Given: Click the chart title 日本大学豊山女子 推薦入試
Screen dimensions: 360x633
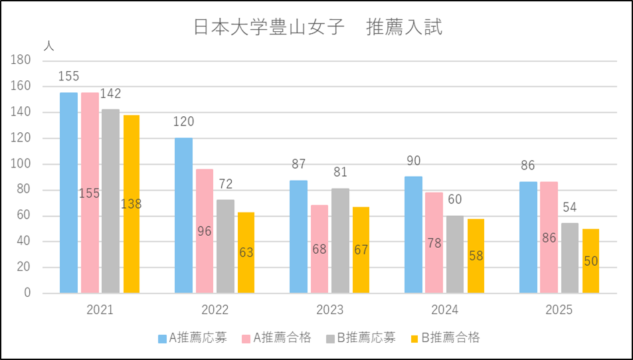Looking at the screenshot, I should pyautogui.click(x=317, y=27).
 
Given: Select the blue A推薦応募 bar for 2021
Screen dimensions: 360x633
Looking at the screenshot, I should pyautogui.click(x=68, y=193).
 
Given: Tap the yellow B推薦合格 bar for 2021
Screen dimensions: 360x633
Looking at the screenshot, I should pyautogui.click(x=132, y=204).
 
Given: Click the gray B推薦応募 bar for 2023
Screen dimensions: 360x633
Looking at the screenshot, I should pyautogui.click(x=340, y=240).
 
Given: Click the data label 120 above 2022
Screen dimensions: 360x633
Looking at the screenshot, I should pyautogui.click(x=183, y=122).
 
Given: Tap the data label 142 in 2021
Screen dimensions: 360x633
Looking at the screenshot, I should pyautogui.click(x=110, y=94).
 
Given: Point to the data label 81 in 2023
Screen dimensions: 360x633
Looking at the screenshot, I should pyautogui.click(x=340, y=173).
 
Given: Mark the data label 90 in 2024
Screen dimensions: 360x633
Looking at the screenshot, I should pyautogui.click(x=413, y=161).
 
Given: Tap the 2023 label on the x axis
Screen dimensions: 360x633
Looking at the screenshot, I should pyautogui.click(x=330, y=310).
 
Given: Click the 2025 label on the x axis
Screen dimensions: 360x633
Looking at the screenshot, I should pyautogui.click(x=559, y=310).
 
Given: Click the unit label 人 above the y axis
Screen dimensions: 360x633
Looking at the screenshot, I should pyautogui.click(x=48, y=46).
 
